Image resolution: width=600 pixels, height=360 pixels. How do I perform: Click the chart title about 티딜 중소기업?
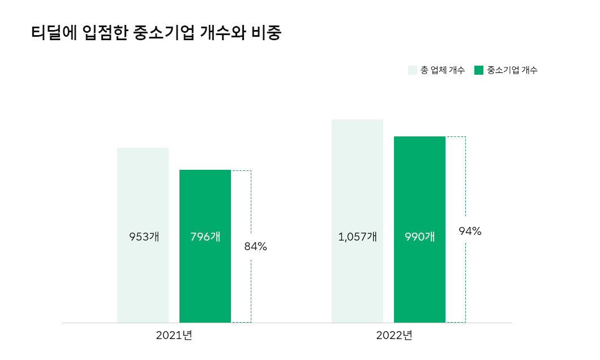coord(156,33)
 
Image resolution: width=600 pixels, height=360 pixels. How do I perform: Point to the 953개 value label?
coord(144,237)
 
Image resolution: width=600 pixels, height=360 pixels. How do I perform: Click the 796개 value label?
coord(205,237)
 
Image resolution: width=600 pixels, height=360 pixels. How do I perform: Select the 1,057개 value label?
coord(357,237)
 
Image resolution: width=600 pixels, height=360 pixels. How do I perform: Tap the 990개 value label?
coord(420,237)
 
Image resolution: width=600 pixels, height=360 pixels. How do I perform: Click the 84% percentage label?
coord(255,247)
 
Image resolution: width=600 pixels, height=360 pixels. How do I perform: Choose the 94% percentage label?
coord(470,231)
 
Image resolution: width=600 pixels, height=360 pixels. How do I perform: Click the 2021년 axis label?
coord(174,335)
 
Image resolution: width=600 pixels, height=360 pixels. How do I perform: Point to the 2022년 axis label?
coord(394,335)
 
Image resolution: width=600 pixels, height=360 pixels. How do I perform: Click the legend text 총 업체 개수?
coord(443,70)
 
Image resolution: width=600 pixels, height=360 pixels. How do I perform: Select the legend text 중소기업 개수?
coord(512,70)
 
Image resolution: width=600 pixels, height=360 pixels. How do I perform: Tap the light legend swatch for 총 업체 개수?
coord(413,70)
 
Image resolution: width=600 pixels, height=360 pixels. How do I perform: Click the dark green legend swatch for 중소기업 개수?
coord(479,70)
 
